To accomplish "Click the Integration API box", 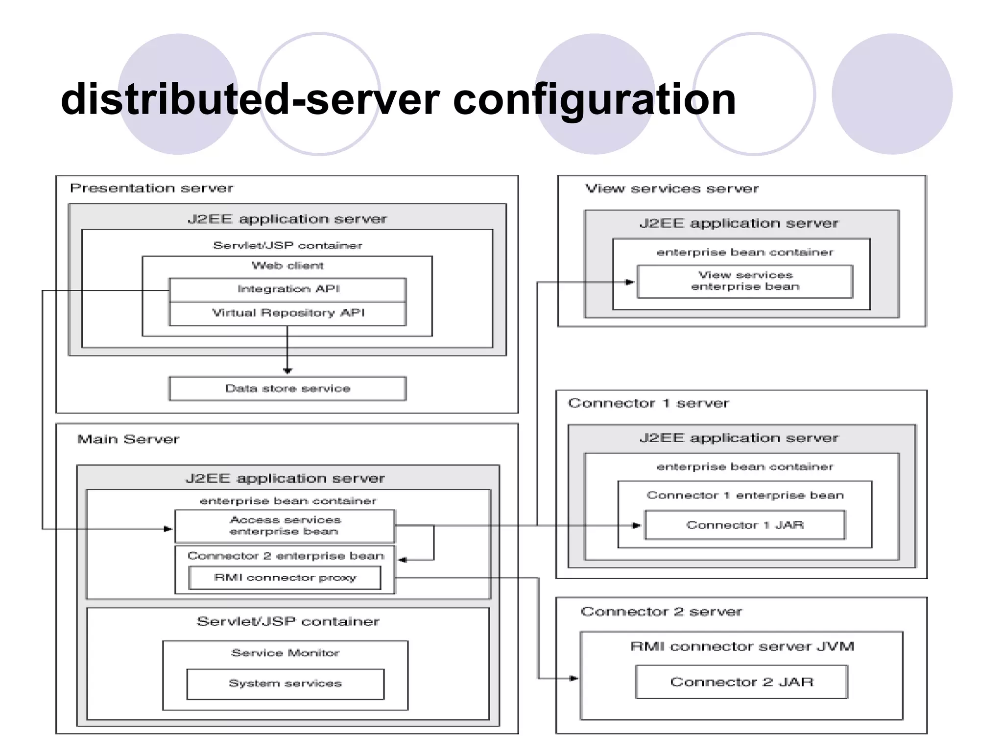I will [x=288, y=289].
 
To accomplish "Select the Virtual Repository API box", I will [x=288, y=313].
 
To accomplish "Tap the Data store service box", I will [x=287, y=389].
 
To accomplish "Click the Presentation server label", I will [x=151, y=188].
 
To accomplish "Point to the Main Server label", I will [x=128, y=439].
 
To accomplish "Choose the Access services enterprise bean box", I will [x=285, y=526].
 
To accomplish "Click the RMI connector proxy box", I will [x=285, y=578].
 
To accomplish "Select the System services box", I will [x=285, y=683].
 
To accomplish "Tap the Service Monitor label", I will [x=285, y=653].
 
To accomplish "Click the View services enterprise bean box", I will [x=744, y=281].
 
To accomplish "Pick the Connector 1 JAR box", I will [x=744, y=525].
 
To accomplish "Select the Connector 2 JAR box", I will [x=741, y=682].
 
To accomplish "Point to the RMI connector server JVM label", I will [x=742, y=647].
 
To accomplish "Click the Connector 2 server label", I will [x=661, y=612].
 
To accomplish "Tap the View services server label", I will [x=672, y=189].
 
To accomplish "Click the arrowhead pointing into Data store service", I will [x=287, y=371].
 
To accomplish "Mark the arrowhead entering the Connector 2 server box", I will [x=573, y=679].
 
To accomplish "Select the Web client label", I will [x=287, y=266].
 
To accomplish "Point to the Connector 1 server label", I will [x=648, y=403].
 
